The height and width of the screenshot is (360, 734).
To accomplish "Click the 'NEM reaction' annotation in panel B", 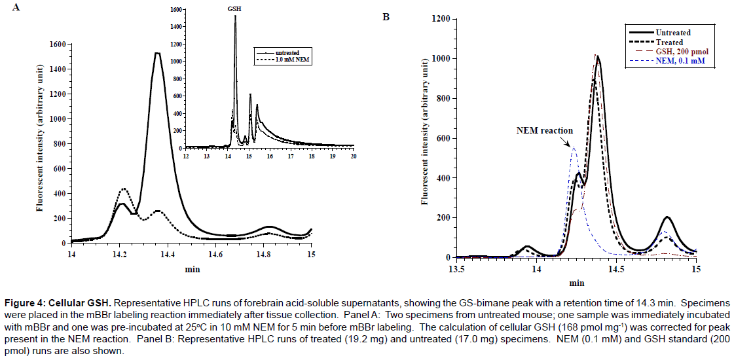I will pyautogui.click(x=544, y=130).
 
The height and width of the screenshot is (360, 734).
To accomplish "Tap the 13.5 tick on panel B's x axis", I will pyautogui.click(x=456, y=268).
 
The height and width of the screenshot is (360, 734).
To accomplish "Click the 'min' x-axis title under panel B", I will pyautogui.click(x=576, y=283).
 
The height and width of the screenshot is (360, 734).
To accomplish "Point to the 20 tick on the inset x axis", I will pyautogui.click(x=354, y=156).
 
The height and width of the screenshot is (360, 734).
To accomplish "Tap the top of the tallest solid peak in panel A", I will pyautogui.click(x=157, y=54).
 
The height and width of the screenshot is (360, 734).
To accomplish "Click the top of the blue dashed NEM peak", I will pyautogui.click(x=574, y=148).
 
